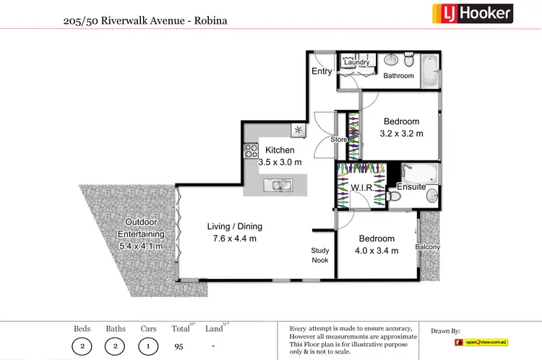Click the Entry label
pos(322,71)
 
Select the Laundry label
pos(356,63)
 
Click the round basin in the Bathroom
pos(390,60)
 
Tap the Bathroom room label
pos(398,76)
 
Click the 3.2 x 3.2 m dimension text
pos(401,134)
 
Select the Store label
pos(339,139)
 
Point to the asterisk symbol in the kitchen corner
pos(298,130)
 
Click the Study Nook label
pos(320,255)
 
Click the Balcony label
pos(427,247)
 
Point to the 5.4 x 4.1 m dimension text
pos(142,246)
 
